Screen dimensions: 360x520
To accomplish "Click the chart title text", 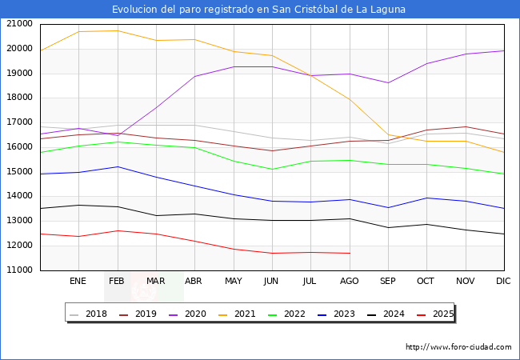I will [259, 10].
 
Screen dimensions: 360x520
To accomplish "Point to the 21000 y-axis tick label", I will [19, 24].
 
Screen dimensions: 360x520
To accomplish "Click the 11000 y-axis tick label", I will [19, 270].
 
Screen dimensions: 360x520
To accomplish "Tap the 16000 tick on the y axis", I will [19, 147].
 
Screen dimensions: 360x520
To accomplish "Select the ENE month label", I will [78, 282].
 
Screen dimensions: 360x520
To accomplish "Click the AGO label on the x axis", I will [350, 282].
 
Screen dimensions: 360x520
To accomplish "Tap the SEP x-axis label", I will [388, 282].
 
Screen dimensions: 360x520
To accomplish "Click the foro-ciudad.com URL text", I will [458, 347].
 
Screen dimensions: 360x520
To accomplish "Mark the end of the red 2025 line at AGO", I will [350, 253].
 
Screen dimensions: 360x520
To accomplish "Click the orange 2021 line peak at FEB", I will [117, 30].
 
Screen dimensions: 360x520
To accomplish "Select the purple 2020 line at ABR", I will [194, 77].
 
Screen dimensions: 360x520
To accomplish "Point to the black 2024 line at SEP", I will [388, 227].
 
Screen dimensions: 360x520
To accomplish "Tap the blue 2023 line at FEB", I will [117, 166].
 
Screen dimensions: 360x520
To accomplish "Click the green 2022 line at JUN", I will [272, 169].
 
